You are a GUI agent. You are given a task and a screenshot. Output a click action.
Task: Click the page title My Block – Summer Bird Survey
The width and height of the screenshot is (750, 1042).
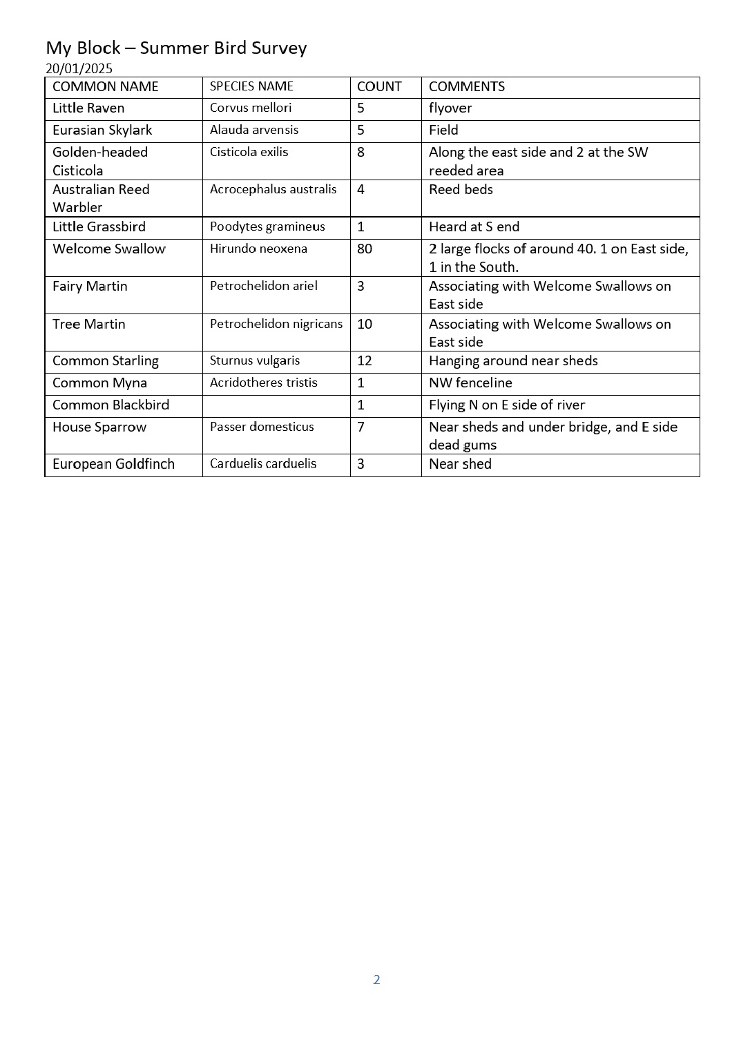tap(176, 48)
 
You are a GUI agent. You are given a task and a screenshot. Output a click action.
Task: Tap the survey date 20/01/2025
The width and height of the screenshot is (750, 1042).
tap(79, 68)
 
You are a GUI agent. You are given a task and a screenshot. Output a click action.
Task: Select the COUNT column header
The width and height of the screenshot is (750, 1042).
tap(379, 86)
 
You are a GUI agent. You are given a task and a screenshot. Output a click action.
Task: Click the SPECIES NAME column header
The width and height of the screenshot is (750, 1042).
tap(251, 86)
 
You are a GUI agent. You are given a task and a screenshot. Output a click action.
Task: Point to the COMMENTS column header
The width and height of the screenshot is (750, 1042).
tap(467, 86)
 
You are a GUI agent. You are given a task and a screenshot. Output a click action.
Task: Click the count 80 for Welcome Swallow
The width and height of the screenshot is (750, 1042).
tap(365, 249)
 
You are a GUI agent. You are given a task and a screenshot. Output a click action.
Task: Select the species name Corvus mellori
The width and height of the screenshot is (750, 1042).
tap(251, 108)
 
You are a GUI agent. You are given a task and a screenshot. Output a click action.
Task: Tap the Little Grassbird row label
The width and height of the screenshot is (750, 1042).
tap(99, 226)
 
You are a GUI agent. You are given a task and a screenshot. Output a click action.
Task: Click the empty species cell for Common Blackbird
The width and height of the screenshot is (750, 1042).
tap(276, 405)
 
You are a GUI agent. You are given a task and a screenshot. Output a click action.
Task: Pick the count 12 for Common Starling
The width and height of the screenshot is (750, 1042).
tap(365, 360)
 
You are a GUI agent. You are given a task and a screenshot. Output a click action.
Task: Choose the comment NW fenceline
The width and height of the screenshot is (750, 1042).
tap(470, 383)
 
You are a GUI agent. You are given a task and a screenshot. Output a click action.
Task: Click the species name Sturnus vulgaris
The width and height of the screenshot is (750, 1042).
tap(255, 360)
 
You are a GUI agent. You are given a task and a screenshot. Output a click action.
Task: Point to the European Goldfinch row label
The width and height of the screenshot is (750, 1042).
tap(113, 464)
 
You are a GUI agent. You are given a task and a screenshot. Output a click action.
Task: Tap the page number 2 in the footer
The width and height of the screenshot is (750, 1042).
tap(376, 979)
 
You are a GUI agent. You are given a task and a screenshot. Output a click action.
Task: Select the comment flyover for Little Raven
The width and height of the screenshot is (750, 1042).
tap(450, 108)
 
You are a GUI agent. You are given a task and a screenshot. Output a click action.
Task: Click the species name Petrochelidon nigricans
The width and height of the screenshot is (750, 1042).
tap(276, 323)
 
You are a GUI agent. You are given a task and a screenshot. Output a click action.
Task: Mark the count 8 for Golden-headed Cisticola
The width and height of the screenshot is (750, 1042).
tap(360, 152)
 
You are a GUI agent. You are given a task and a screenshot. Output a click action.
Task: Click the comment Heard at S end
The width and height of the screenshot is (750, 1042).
tap(474, 226)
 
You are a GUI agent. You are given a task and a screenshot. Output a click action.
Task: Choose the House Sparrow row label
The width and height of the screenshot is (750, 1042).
tap(99, 427)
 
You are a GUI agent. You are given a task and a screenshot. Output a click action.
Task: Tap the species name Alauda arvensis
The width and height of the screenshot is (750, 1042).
tap(254, 130)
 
